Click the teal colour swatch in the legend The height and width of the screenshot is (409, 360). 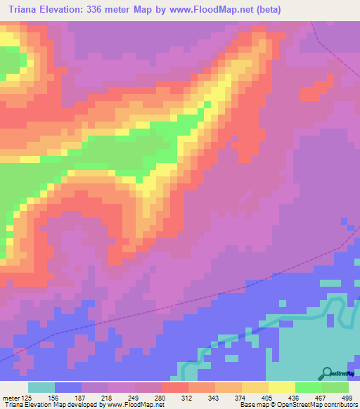click(x=41, y=387)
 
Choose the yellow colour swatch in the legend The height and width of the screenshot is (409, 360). click(x=282, y=387)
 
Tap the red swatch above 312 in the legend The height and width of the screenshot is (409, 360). click(x=175, y=387)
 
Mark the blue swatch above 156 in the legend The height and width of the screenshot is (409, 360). click(x=68, y=387)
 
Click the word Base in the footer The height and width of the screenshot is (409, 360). click(x=248, y=405)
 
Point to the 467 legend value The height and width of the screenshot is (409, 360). click(x=321, y=398)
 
